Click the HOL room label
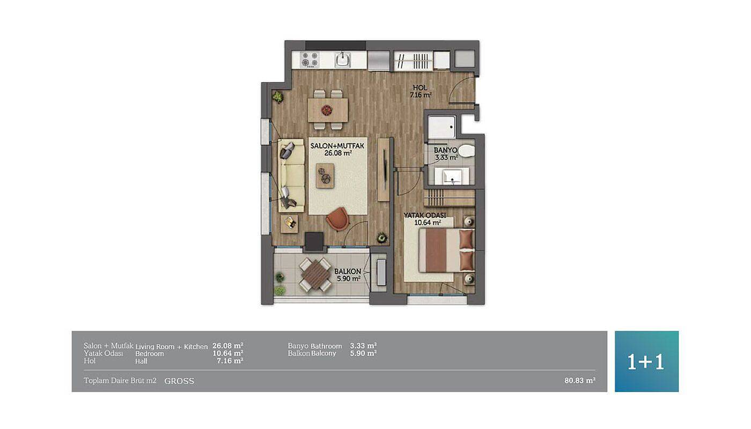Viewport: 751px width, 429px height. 419,88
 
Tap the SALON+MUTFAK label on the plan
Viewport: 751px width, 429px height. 337,146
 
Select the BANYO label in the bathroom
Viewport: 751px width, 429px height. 445,150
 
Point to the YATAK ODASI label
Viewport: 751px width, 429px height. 425,215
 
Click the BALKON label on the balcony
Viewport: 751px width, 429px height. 348,271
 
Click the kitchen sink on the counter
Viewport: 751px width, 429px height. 343,60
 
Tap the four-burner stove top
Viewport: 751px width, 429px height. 310,60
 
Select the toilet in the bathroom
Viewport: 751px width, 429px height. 466,151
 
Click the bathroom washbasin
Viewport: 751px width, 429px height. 452,176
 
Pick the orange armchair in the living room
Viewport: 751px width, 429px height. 337,219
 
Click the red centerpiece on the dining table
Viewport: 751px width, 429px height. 327,109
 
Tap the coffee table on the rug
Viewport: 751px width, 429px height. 325,176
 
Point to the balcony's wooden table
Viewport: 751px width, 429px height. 315,275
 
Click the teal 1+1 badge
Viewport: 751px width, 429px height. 646,361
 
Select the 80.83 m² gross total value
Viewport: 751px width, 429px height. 580,380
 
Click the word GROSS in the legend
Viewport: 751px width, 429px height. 179,381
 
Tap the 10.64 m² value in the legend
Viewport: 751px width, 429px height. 227,353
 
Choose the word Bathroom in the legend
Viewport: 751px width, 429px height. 326,346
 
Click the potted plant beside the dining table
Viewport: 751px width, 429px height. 278,97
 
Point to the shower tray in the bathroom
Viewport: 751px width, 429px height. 441,127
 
